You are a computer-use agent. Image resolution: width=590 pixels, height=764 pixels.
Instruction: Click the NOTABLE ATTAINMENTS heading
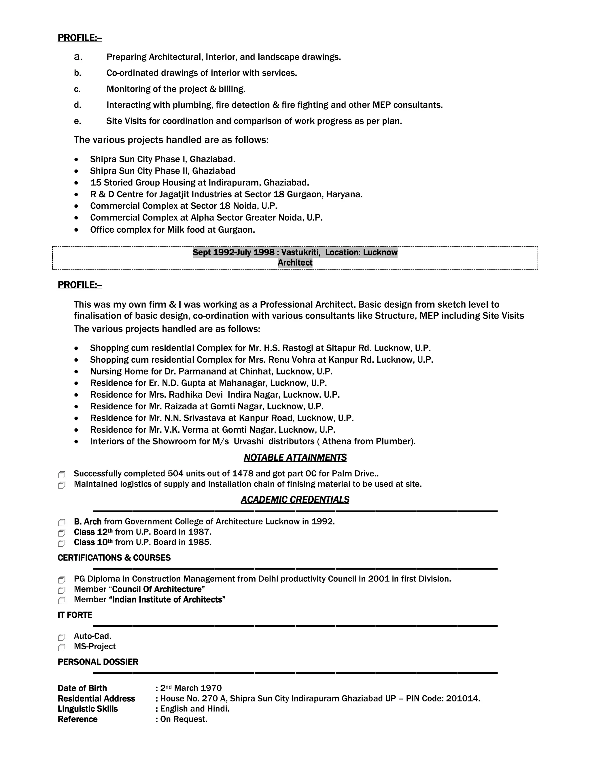click(295, 458)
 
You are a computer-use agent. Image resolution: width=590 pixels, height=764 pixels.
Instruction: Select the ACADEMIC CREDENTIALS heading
click(295, 500)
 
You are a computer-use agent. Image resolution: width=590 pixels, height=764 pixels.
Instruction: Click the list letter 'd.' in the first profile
click(77, 105)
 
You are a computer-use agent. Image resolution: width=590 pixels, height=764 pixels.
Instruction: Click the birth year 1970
click(212, 688)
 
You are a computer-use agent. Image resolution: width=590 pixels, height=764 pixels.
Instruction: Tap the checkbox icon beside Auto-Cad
click(62, 637)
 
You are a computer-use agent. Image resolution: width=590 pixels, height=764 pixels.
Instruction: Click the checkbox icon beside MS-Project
click(62, 647)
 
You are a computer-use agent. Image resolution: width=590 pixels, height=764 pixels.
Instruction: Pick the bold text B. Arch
click(87, 522)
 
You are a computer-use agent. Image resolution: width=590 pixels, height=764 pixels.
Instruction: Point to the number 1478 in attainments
click(243, 474)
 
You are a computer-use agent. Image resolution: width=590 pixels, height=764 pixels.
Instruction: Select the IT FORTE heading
click(75, 615)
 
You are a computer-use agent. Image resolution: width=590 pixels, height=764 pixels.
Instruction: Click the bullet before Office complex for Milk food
click(76, 230)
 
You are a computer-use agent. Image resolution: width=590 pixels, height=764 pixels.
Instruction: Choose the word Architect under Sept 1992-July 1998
click(295, 263)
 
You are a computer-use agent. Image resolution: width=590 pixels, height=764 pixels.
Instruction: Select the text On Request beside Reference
click(184, 719)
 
